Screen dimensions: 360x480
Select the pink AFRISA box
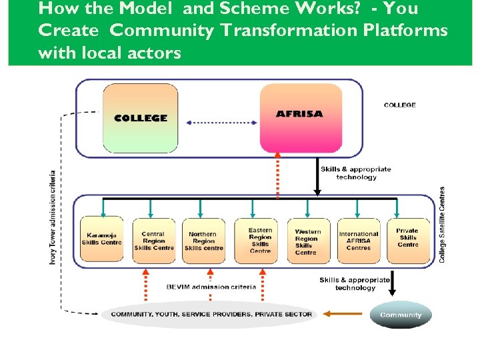click(x=299, y=118)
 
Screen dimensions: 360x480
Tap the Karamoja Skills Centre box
click(x=101, y=239)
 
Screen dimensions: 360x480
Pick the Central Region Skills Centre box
click(x=153, y=241)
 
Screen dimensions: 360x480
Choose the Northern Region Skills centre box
click(x=203, y=241)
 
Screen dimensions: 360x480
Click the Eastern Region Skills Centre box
click(x=260, y=241)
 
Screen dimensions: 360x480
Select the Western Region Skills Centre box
click(x=308, y=241)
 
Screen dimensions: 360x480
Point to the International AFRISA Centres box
click(x=359, y=241)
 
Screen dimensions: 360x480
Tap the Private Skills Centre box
click(x=407, y=239)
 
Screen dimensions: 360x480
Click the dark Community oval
click(x=401, y=315)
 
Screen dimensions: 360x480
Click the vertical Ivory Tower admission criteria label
click(x=53, y=217)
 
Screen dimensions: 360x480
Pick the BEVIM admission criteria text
click(x=211, y=287)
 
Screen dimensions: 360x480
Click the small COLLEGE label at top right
click(x=400, y=105)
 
